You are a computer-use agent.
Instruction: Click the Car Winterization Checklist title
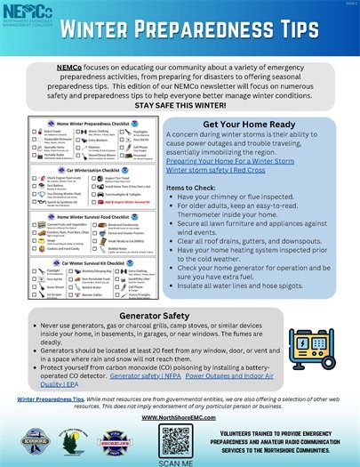pyautogui.click(x=93, y=168)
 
